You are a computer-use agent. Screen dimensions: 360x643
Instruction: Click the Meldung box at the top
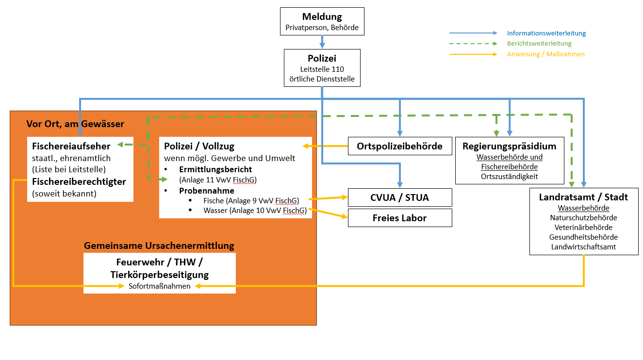click(322, 21)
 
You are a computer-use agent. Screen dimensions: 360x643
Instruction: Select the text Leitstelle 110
click(322, 69)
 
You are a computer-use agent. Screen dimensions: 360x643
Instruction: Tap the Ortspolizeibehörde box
click(399, 146)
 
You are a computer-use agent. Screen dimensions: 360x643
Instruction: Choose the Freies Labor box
click(399, 218)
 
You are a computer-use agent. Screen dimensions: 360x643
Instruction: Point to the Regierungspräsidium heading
click(509, 146)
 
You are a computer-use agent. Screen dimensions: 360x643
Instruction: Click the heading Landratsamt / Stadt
click(583, 197)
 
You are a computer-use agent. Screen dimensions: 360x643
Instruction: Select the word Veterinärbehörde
click(583, 227)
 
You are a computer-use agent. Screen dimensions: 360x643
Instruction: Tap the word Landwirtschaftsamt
click(583, 246)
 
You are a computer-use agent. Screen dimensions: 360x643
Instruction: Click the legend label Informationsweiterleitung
click(546, 33)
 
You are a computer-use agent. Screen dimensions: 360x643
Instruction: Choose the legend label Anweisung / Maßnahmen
click(545, 54)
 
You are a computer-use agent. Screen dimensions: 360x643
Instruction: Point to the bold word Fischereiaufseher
click(71, 146)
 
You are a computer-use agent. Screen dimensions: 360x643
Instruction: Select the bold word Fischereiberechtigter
click(79, 181)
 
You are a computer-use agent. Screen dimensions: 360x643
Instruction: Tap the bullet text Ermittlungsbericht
click(215, 170)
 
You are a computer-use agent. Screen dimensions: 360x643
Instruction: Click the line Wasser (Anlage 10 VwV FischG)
click(255, 211)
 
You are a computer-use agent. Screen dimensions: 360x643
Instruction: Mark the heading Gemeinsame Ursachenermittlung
click(159, 245)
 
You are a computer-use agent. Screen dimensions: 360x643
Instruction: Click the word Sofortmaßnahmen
click(160, 286)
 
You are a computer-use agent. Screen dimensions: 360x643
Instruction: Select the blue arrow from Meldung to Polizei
click(322, 42)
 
